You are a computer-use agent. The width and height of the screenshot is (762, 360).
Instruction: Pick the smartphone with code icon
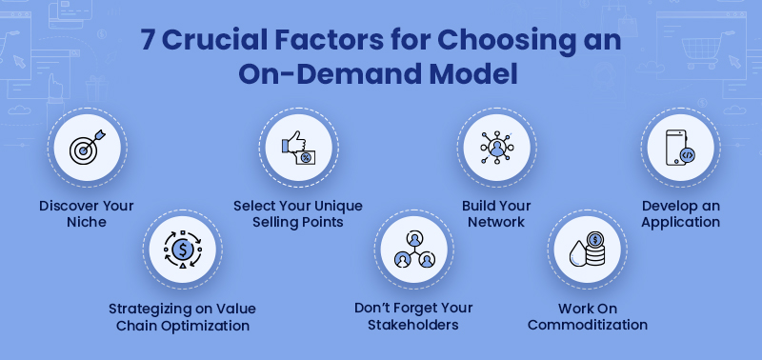[x=678, y=150]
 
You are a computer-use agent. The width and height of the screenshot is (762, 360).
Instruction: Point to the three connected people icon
[x=413, y=250]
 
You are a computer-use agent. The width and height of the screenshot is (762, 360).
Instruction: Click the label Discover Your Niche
[x=87, y=213]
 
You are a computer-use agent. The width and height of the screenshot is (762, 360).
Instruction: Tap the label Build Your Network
[x=495, y=213]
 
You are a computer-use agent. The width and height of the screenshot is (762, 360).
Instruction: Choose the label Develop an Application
[x=680, y=213]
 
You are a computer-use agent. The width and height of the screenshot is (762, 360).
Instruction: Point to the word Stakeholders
[x=413, y=325]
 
